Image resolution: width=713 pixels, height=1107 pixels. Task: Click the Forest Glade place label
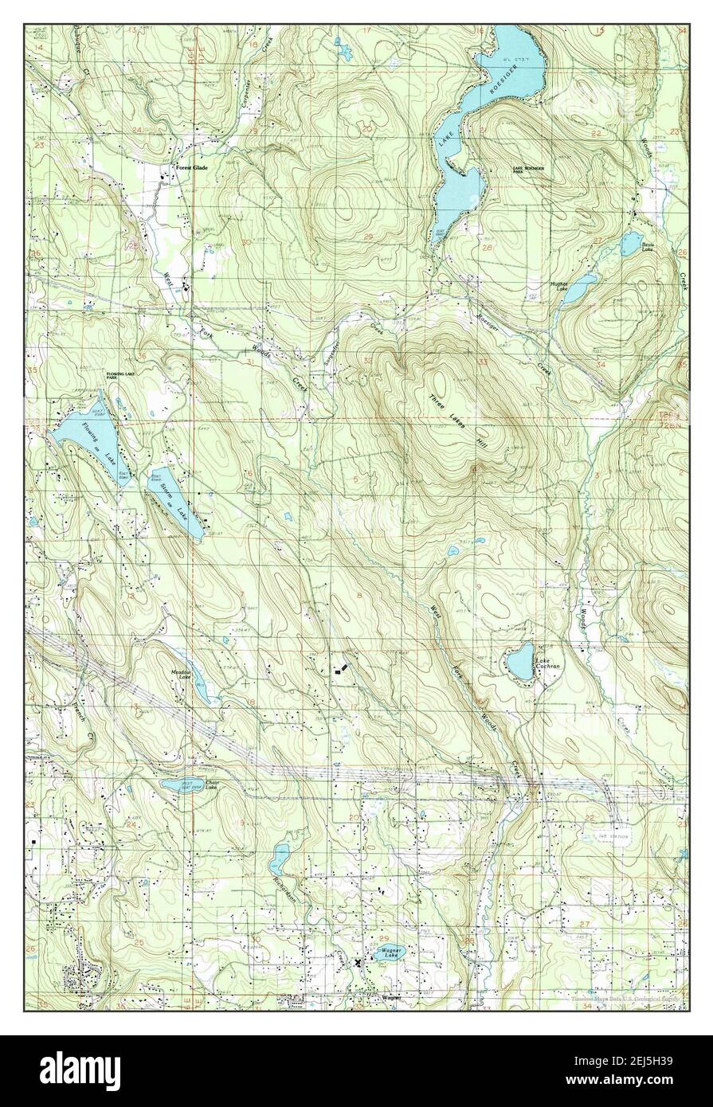192,168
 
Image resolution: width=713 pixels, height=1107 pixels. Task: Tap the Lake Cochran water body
519,660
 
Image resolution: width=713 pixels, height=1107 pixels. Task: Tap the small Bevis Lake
630,243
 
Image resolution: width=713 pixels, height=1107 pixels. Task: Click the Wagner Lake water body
391,952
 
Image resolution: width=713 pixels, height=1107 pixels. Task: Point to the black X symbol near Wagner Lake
358,962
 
